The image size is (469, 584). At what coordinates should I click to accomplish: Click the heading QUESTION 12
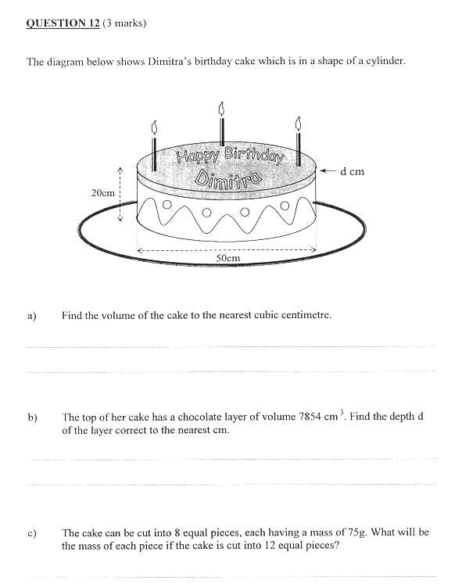coord(63,23)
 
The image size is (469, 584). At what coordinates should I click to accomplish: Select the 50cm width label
coord(227,258)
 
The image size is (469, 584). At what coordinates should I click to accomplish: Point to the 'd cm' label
coord(353,171)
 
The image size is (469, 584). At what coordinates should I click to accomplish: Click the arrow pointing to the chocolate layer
coord(328,170)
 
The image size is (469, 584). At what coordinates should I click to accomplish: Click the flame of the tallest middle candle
coord(221,107)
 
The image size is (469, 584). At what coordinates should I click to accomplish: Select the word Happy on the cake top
coord(195,156)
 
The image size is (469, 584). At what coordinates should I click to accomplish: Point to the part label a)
coord(32,317)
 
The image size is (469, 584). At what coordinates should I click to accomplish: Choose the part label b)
coord(32,417)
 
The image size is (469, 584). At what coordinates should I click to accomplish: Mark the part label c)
coord(32,534)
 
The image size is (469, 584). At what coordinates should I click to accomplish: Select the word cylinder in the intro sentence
coord(384,60)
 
